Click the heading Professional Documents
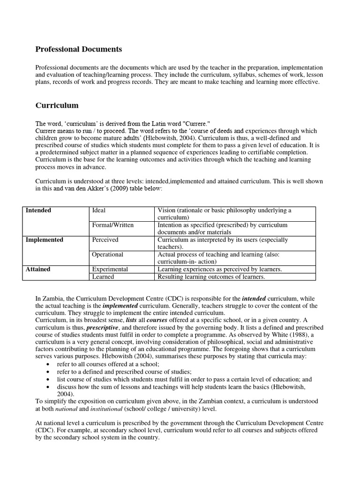(79, 49)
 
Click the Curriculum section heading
(57, 105)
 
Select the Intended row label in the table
(38, 210)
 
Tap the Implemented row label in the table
(45, 240)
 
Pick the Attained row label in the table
(38, 269)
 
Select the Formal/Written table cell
(113, 225)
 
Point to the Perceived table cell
(105, 240)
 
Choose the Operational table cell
(108, 254)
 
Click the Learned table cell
(103, 277)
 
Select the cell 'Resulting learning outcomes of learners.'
(211, 277)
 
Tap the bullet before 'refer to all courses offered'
(50, 364)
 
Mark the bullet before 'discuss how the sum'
(50, 387)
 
